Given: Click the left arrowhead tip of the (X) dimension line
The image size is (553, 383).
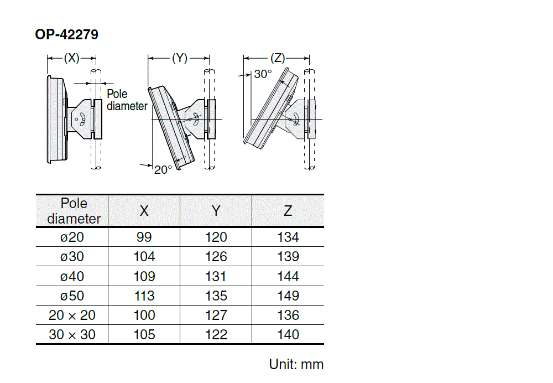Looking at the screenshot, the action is click(x=48, y=58).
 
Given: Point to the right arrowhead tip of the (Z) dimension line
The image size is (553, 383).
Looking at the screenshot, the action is click(x=309, y=58).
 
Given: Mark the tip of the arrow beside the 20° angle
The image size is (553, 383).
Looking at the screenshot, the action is click(x=153, y=165).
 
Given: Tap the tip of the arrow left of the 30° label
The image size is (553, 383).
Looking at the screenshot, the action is click(x=251, y=75).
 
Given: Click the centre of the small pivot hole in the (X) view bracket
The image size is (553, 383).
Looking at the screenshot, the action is click(x=76, y=120).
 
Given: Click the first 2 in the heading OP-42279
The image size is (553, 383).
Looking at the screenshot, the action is click(x=69, y=35).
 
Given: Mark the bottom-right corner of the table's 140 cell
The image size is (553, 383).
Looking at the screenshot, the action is click(x=324, y=344).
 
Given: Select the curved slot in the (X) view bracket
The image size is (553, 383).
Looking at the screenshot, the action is click(x=82, y=120).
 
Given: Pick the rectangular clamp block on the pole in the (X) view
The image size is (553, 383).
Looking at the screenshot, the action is click(x=98, y=119).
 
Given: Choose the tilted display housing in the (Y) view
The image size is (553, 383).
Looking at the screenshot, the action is click(x=171, y=128).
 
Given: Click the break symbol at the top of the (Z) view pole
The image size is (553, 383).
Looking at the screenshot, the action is click(x=309, y=71).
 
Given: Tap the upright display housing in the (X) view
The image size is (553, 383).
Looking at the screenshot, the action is click(x=56, y=120).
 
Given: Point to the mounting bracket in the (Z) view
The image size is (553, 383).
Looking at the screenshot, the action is click(x=295, y=119).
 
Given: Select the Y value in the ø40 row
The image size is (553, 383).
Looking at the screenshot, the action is click(x=216, y=276).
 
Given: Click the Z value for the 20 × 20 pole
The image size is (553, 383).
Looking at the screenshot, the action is click(x=288, y=315).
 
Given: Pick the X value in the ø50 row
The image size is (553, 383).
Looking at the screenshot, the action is click(x=144, y=296).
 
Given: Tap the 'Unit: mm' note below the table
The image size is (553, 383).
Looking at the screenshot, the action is click(x=296, y=364).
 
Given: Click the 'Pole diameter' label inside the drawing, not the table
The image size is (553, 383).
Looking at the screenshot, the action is click(x=127, y=100).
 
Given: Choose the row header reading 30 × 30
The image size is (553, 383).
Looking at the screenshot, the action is click(x=72, y=335).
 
